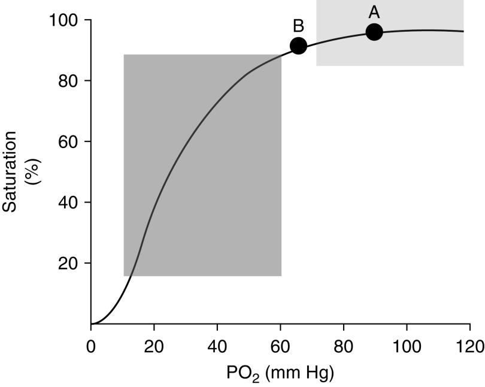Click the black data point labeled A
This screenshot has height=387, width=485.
tap(374, 32)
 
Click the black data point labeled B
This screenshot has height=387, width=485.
tap(298, 46)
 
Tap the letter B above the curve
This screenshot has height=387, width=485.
tap(298, 26)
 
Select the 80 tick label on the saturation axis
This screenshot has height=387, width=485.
tap(71, 81)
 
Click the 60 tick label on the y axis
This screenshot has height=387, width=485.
tap(71, 142)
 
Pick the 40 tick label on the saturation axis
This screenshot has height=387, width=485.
tap(71, 202)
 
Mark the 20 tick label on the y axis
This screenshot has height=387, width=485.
tap(71, 264)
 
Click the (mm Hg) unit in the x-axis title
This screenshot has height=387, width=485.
tap(298, 374)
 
